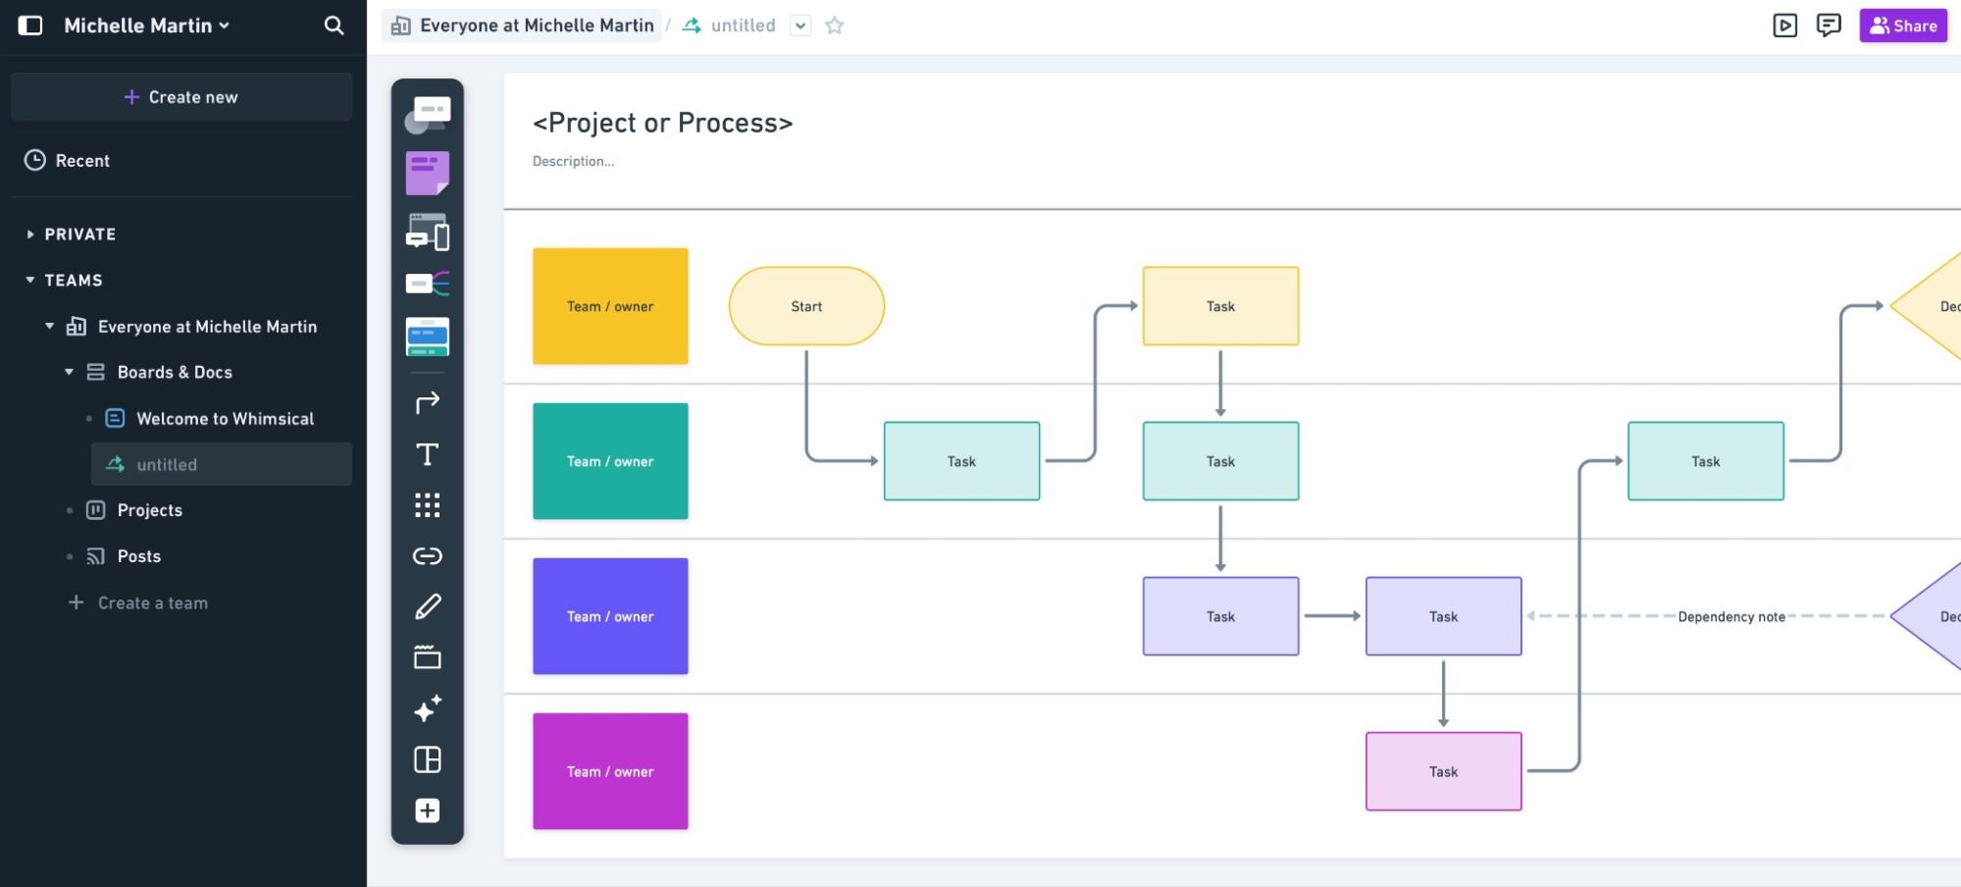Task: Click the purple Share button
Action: pos(1902,26)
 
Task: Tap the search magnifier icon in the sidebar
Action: pos(334,26)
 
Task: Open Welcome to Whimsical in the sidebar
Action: pos(225,418)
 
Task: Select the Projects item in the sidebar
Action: pos(149,510)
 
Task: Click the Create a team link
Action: pos(152,602)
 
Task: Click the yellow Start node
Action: pos(806,306)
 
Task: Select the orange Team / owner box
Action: pos(610,306)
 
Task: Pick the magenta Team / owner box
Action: pos(610,771)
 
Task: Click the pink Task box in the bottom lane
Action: pos(1443,771)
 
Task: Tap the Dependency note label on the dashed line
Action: pos(1730,616)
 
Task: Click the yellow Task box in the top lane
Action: pos(1220,306)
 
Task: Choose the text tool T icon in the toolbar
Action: pos(427,454)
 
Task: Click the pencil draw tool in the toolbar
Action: pos(427,607)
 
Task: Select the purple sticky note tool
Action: pos(427,173)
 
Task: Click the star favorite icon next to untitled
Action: pos(834,26)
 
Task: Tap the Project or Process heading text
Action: pos(662,123)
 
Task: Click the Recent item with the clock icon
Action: pos(82,160)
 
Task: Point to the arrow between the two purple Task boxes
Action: pos(1331,616)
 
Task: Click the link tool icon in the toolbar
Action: pos(427,556)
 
